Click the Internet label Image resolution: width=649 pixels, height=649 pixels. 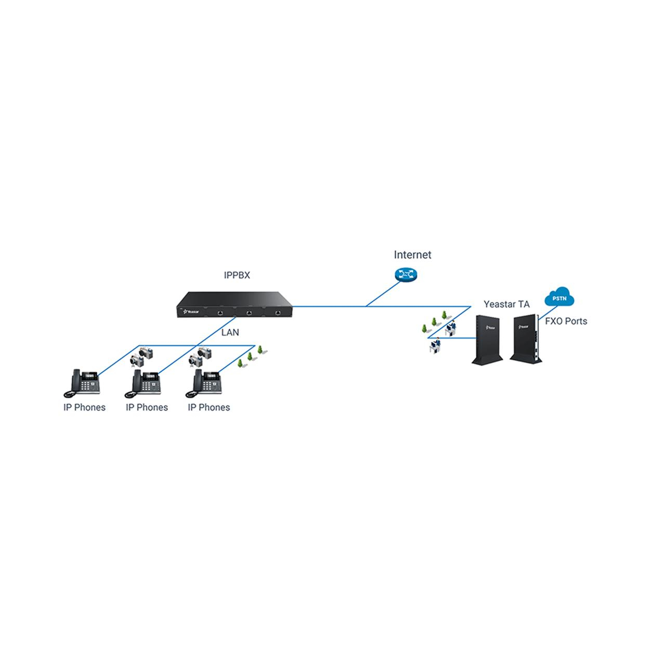coord(412,255)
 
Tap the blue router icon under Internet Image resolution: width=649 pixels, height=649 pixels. coord(406,275)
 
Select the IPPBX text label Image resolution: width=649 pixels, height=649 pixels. coord(237,275)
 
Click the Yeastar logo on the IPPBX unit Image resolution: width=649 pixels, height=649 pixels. coord(191,311)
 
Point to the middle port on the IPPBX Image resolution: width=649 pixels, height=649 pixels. coord(249,313)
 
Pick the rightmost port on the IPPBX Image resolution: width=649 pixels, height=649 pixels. coord(278,313)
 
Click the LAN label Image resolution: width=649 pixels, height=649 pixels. coord(230,332)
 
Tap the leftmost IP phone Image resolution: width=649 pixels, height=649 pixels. coord(82,383)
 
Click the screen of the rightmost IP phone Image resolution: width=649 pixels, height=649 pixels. coord(211,375)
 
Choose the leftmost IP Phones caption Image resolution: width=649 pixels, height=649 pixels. coord(85,408)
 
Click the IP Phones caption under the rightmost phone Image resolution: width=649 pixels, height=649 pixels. coord(209,408)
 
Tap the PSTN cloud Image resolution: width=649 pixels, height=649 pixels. coord(559,297)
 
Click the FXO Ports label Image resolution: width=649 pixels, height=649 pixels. coord(566,321)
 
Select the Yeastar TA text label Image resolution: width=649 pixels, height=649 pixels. coord(507,304)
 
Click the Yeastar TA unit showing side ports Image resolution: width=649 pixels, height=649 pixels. coord(525,339)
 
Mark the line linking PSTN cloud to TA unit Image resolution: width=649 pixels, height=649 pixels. coord(548,313)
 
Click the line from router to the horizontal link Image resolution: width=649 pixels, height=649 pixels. coord(383,294)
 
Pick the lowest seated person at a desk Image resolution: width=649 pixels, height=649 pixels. coord(435,345)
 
